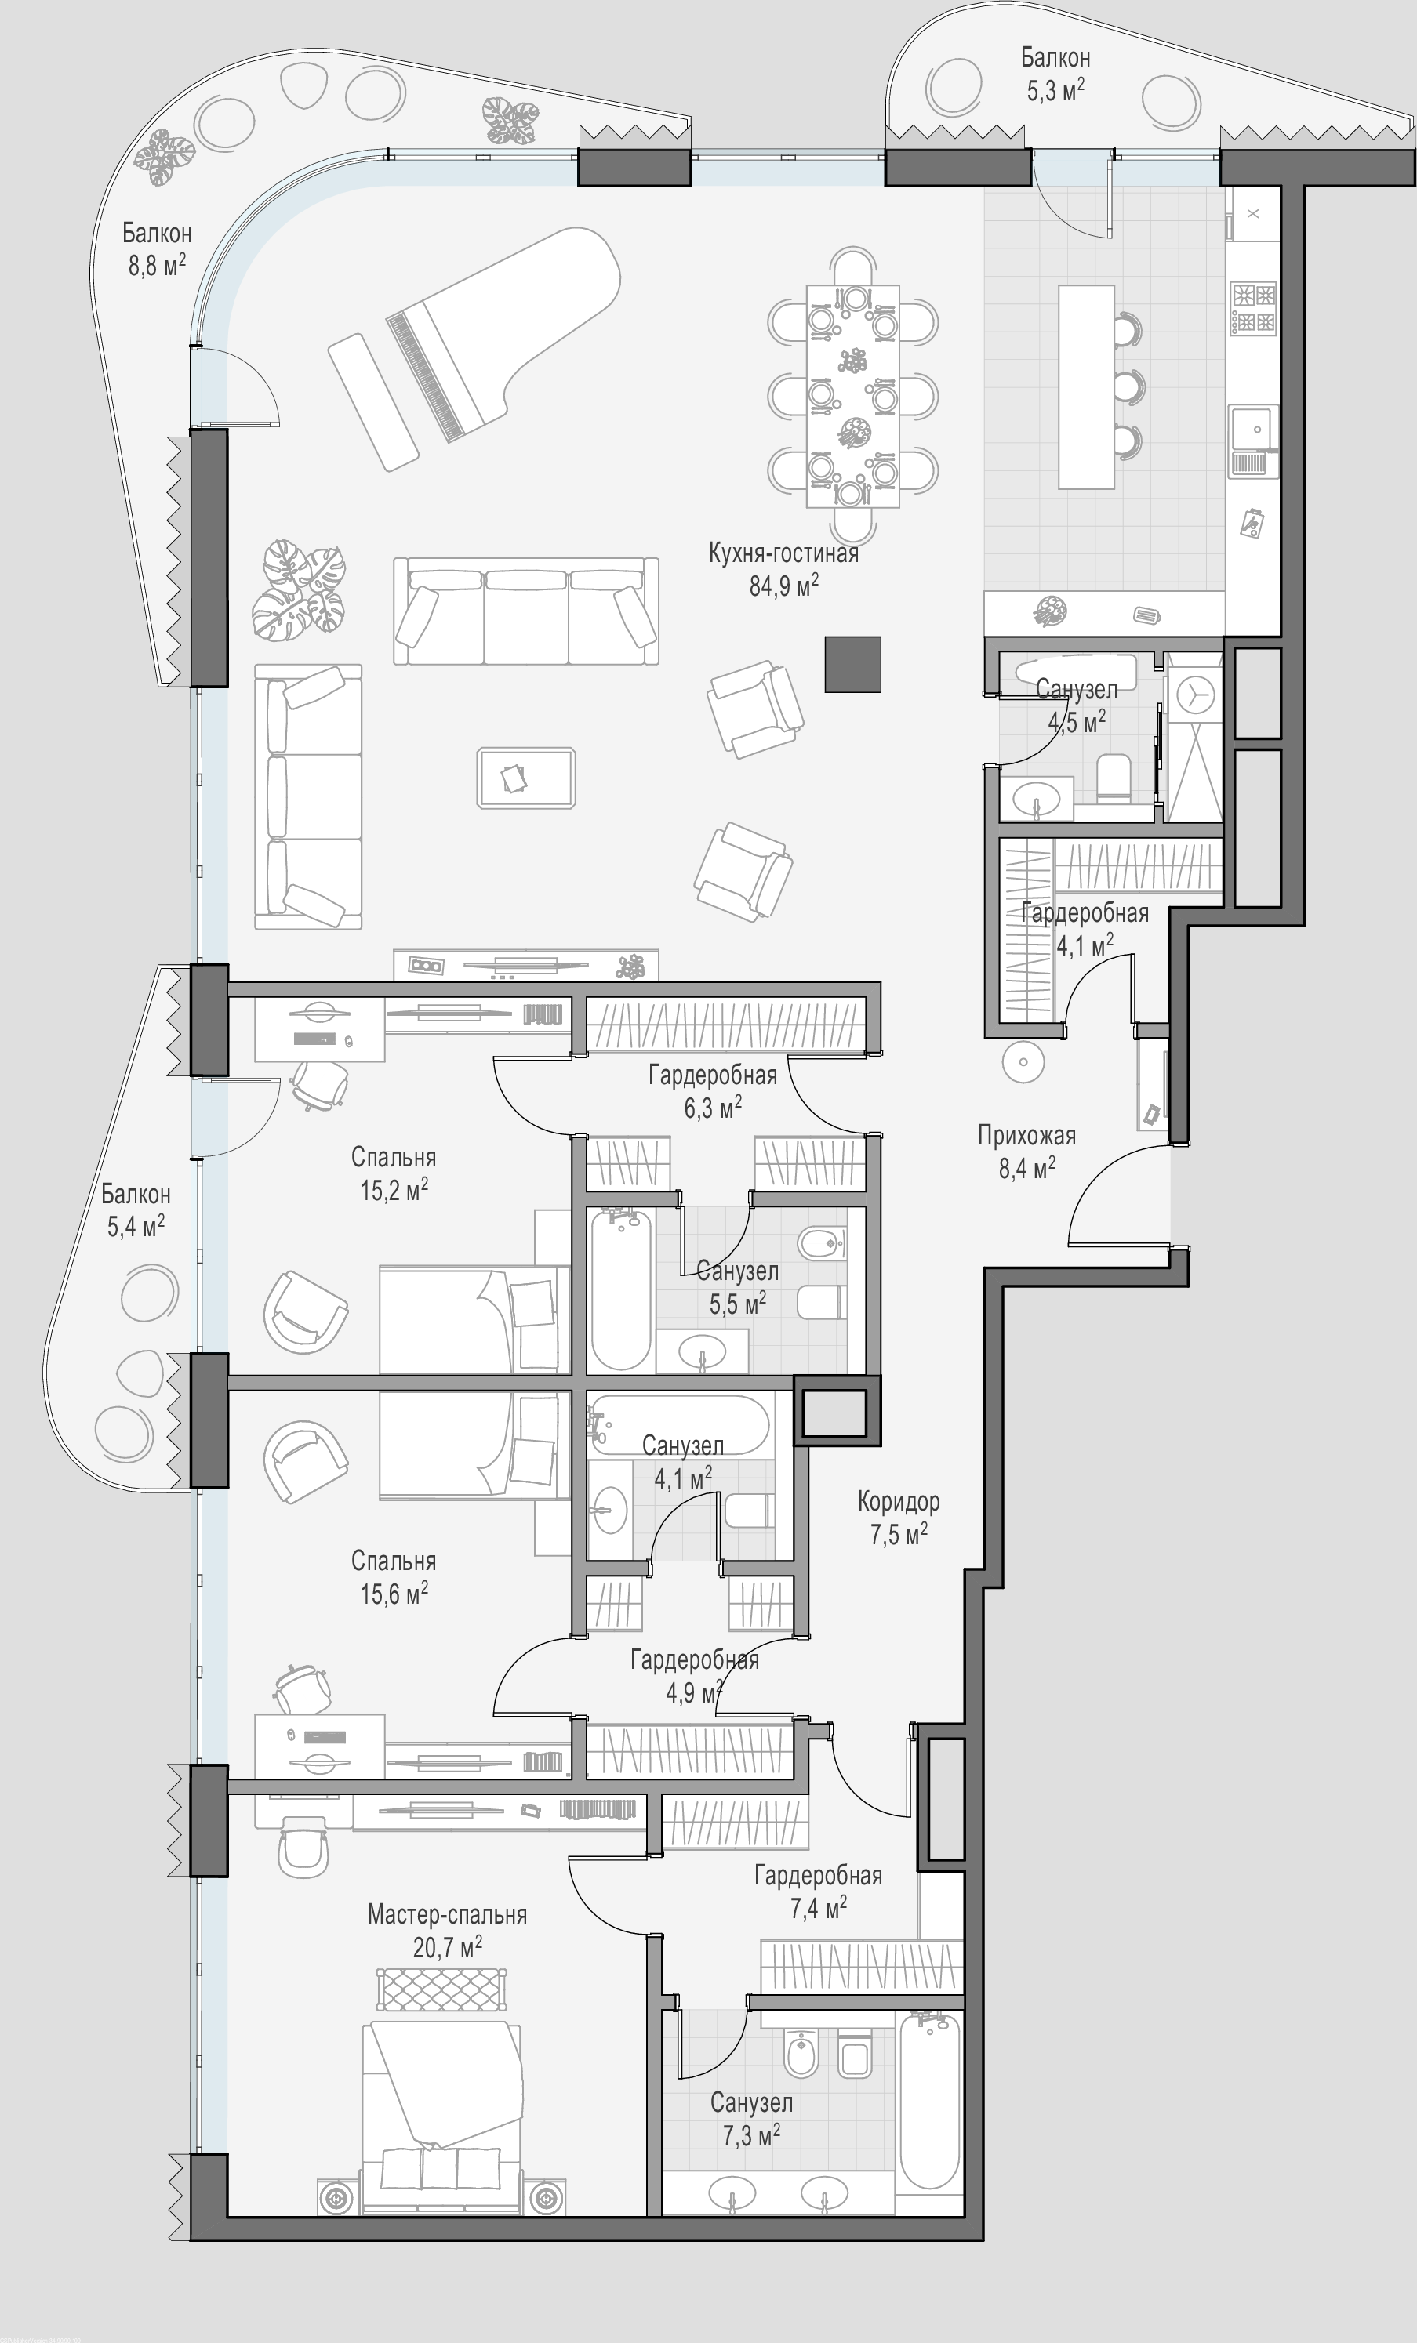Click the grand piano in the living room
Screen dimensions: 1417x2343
pyautogui.click(x=504, y=333)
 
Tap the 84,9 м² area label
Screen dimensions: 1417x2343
pyautogui.click(x=783, y=585)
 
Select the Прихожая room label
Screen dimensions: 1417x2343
pyautogui.click(x=1027, y=1135)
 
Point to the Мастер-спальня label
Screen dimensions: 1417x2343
pyautogui.click(x=447, y=1914)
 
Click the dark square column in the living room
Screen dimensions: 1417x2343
pyautogui.click(x=853, y=664)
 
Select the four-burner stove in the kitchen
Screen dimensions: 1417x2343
pyautogui.click(x=1253, y=308)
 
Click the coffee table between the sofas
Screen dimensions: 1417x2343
pyautogui.click(x=526, y=778)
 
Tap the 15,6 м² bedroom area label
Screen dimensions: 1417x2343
pyautogui.click(x=394, y=1594)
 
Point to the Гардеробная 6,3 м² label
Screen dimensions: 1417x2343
pyautogui.click(x=714, y=1090)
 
